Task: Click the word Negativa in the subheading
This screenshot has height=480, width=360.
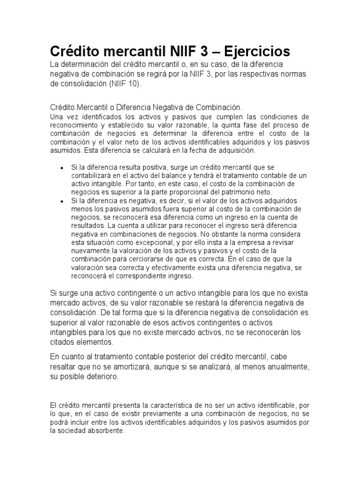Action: click(157, 107)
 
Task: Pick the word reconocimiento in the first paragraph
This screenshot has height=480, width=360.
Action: click(71, 125)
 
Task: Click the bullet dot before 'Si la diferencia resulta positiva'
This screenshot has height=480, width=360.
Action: click(62, 167)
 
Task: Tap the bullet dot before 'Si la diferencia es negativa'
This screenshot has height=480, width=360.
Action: click(62, 200)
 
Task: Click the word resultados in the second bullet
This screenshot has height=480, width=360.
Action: click(87, 225)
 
